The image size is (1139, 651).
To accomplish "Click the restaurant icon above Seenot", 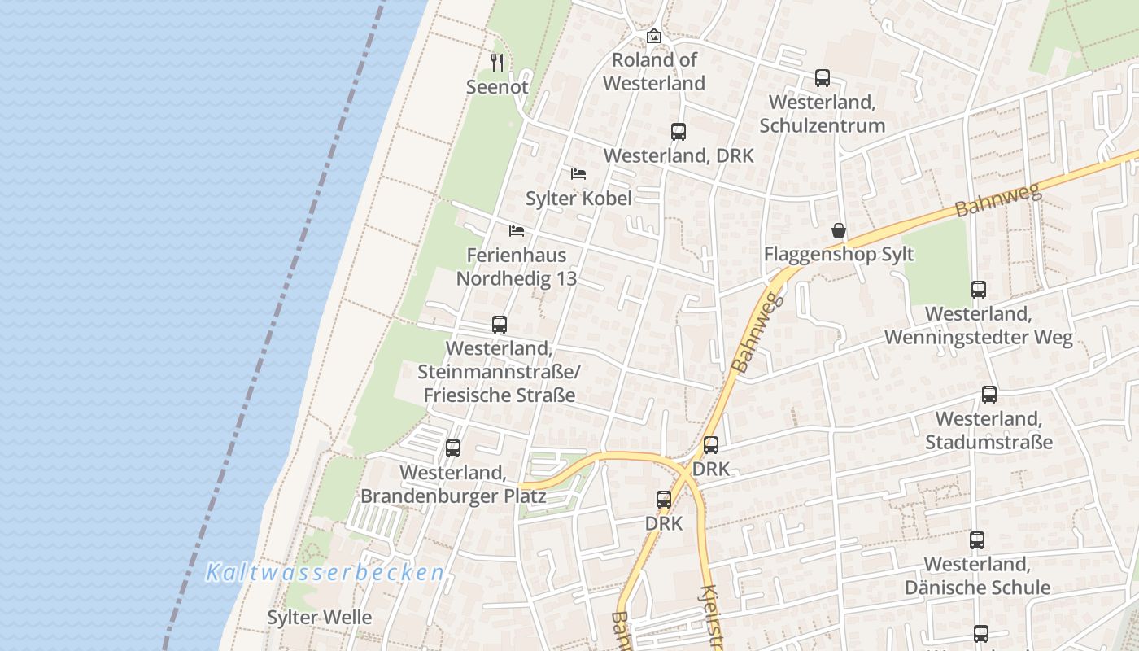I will [498, 61].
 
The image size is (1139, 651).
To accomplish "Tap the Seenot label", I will [498, 86].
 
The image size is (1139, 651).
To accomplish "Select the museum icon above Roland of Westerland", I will [654, 36].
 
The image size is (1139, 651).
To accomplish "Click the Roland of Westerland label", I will [654, 72].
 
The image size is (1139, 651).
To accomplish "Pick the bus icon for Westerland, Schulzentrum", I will [823, 78].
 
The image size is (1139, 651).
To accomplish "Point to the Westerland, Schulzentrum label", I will [823, 114].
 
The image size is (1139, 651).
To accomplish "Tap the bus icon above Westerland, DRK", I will [679, 131].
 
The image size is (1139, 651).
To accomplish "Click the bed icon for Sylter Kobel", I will [578, 173].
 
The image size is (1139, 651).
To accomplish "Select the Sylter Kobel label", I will [578, 198].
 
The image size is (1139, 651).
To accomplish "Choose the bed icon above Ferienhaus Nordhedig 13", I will [517, 230].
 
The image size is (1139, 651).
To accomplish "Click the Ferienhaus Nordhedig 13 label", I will [517, 266].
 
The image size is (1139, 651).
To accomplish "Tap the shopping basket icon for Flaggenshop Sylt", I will [839, 230].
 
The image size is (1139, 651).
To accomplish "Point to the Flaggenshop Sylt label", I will [839, 254].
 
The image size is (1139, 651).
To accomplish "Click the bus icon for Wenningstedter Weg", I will [979, 289].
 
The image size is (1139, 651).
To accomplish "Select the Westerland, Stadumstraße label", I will [989, 430].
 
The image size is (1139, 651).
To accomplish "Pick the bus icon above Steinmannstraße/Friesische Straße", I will [500, 325].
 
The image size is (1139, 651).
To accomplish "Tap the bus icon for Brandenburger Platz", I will [453, 448].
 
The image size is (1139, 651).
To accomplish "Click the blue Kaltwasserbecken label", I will [325, 572].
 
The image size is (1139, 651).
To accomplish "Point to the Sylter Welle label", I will [320, 617].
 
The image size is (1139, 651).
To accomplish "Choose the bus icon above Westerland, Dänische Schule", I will [977, 540].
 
